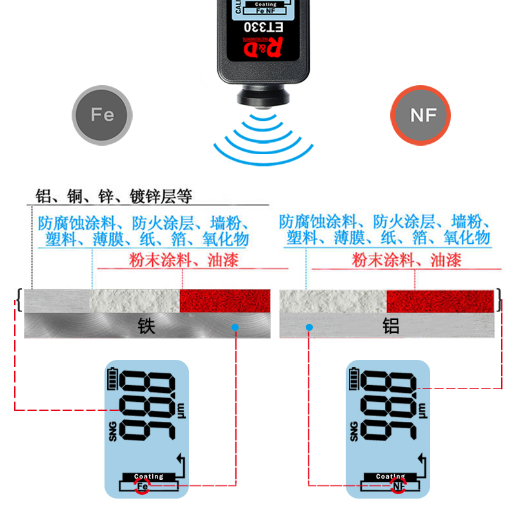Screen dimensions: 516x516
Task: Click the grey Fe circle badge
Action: tap(103, 115)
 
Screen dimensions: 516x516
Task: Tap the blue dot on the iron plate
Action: tap(235, 328)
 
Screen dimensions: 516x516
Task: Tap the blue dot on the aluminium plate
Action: tap(310, 328)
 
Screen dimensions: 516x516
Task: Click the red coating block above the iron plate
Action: tap(224, 300)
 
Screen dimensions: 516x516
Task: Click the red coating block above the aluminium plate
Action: tap(440, 301)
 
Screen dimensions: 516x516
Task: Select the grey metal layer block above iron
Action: tap(57, 300)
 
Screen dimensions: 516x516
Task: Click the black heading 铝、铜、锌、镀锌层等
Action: tap(114, 196)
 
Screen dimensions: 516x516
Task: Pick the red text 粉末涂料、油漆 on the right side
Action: tap(406, 261)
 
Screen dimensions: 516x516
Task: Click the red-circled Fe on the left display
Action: tap(142, 485)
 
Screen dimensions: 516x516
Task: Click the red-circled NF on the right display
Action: tap(399, 485)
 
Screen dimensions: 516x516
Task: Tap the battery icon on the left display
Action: tap(114, 380)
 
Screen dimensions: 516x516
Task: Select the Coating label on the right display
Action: tap(391, 477)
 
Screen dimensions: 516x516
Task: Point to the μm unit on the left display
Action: tap(180, 408)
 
